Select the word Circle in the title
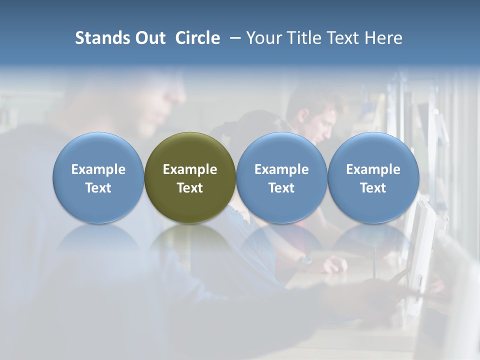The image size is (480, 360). coord(197,38)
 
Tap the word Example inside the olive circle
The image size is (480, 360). coord(190,169)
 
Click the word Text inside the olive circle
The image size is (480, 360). coord(190,188)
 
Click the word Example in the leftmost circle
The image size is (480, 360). coord(98,169)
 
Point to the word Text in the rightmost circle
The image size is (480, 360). coord(373,188)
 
